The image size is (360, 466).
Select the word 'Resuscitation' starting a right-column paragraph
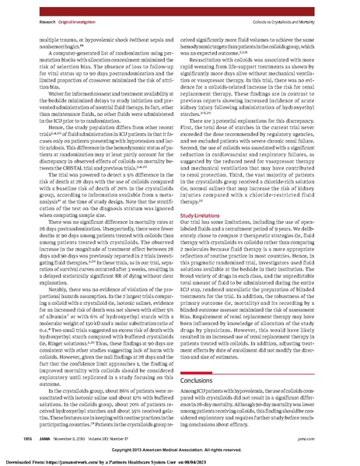pyautogui.click(x=209, y=58)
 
